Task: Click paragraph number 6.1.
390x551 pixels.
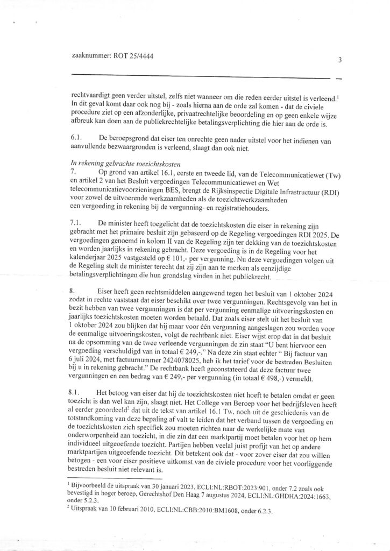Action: (76, 139)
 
